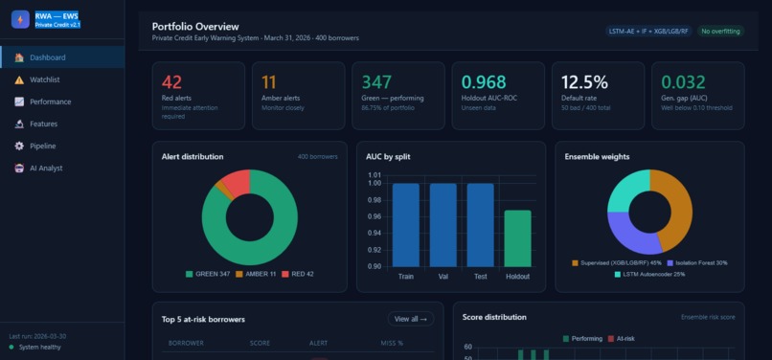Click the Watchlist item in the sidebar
tap(45, 79)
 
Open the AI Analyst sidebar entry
tap(46, 168)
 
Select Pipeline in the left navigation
tap(42, 146)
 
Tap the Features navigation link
tap(43, 124)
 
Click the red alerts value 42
tap(172, 82)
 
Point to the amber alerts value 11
tap(269, 82)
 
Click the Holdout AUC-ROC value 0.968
tap(484, 82)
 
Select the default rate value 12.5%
tap(584, 82)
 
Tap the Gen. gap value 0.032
tap(683, 82)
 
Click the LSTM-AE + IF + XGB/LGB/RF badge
tap(648, 32)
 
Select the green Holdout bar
tap(517, 238)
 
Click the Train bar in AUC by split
tap(406, 225)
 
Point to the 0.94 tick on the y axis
tap(374, 233)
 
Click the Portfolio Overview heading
tap(195, 26)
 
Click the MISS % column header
tap(393, 342)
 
